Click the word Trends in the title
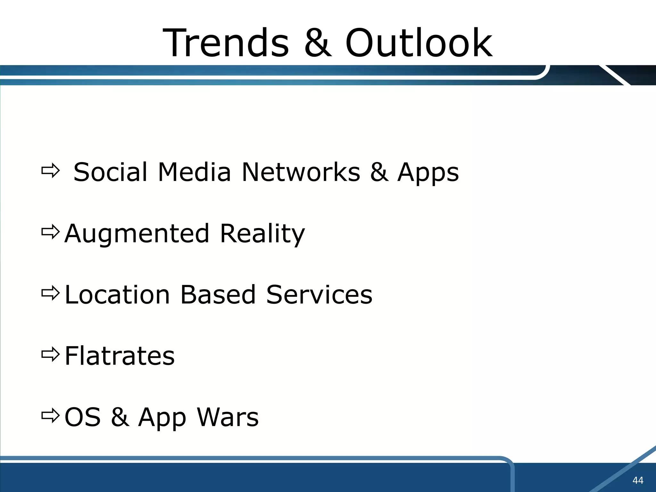226,43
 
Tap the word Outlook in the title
419,43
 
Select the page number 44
637,480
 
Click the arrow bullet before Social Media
50,171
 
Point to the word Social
111,172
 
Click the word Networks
300,172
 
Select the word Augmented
137,234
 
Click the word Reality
262,234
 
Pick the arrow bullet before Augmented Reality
50,232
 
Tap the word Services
319,295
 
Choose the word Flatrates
119,356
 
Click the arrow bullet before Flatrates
50,354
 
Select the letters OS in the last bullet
83,417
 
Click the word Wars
227,417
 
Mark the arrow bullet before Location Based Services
50,293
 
